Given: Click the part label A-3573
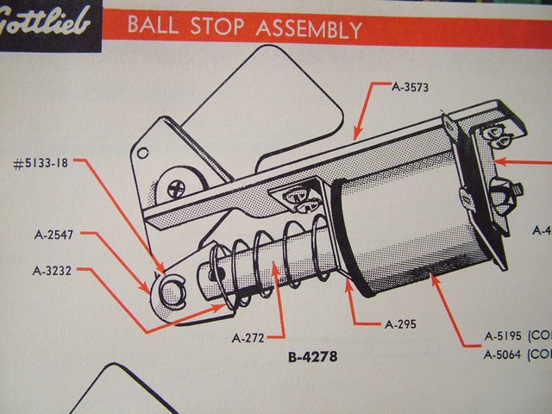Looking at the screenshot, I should click(x=410, y=86).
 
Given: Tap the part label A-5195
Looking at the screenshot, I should click(x=508, y=338).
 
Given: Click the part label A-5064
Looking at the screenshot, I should click(x=508, y=354).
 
